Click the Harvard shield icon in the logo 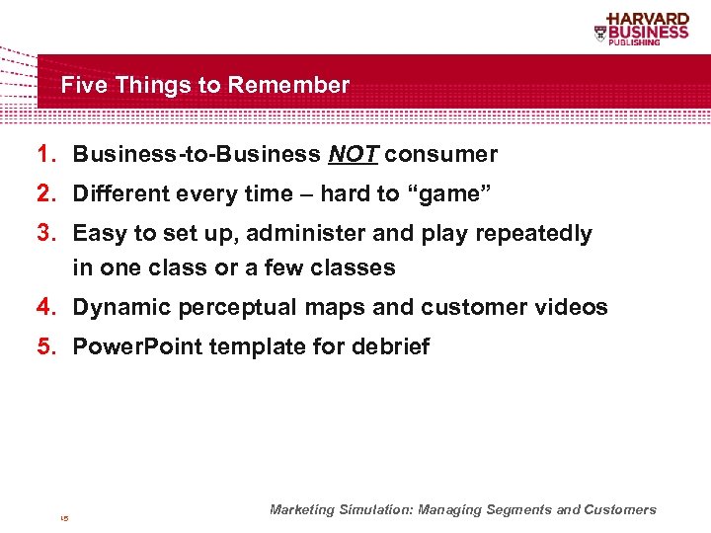(600, 33)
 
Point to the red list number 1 (46, 154)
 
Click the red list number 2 (46, 193)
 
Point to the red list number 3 (46, 233)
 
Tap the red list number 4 (46, 307)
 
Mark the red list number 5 (46, 346)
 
